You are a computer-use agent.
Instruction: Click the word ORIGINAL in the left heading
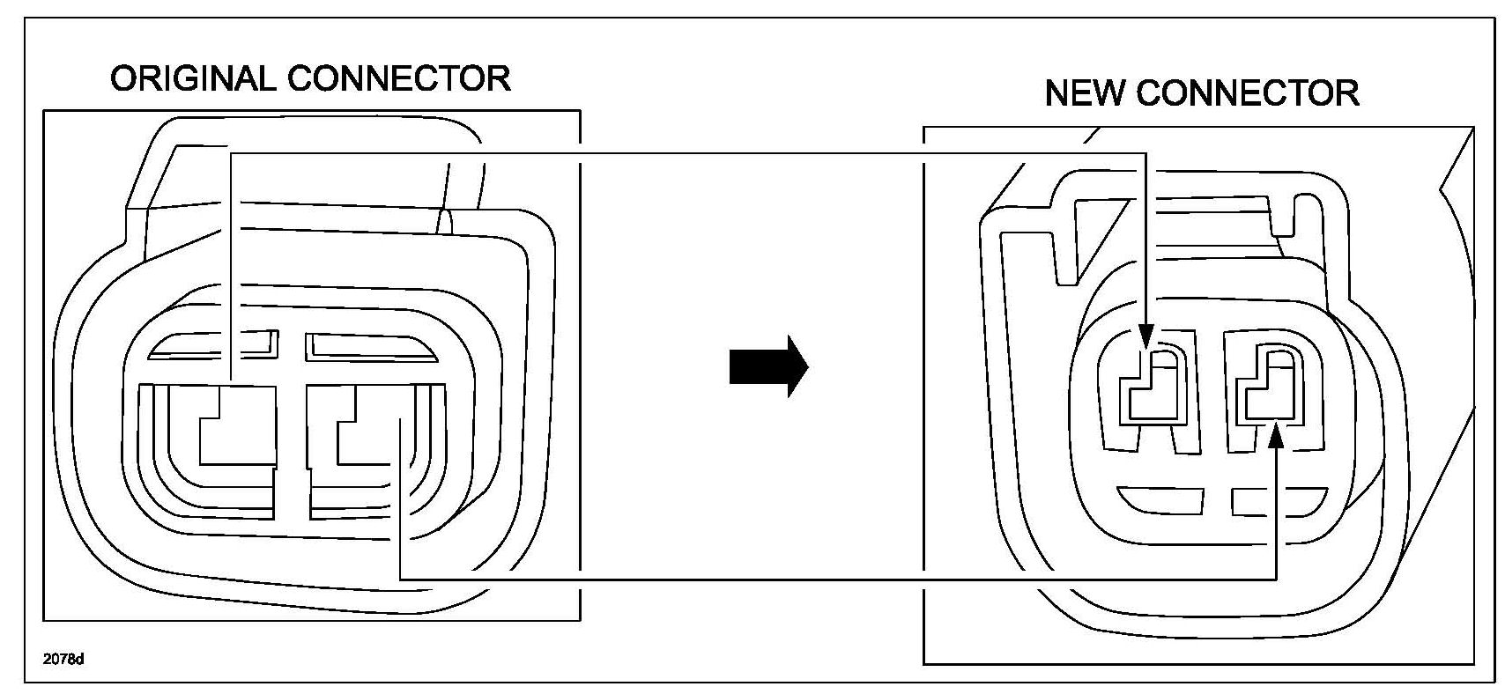pos(192,79)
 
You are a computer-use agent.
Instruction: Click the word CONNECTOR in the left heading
pos(399,79)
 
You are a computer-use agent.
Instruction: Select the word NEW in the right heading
pos(1084,93)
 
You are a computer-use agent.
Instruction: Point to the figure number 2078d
pos(63,659)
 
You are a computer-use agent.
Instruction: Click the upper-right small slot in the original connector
pos(370,346)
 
